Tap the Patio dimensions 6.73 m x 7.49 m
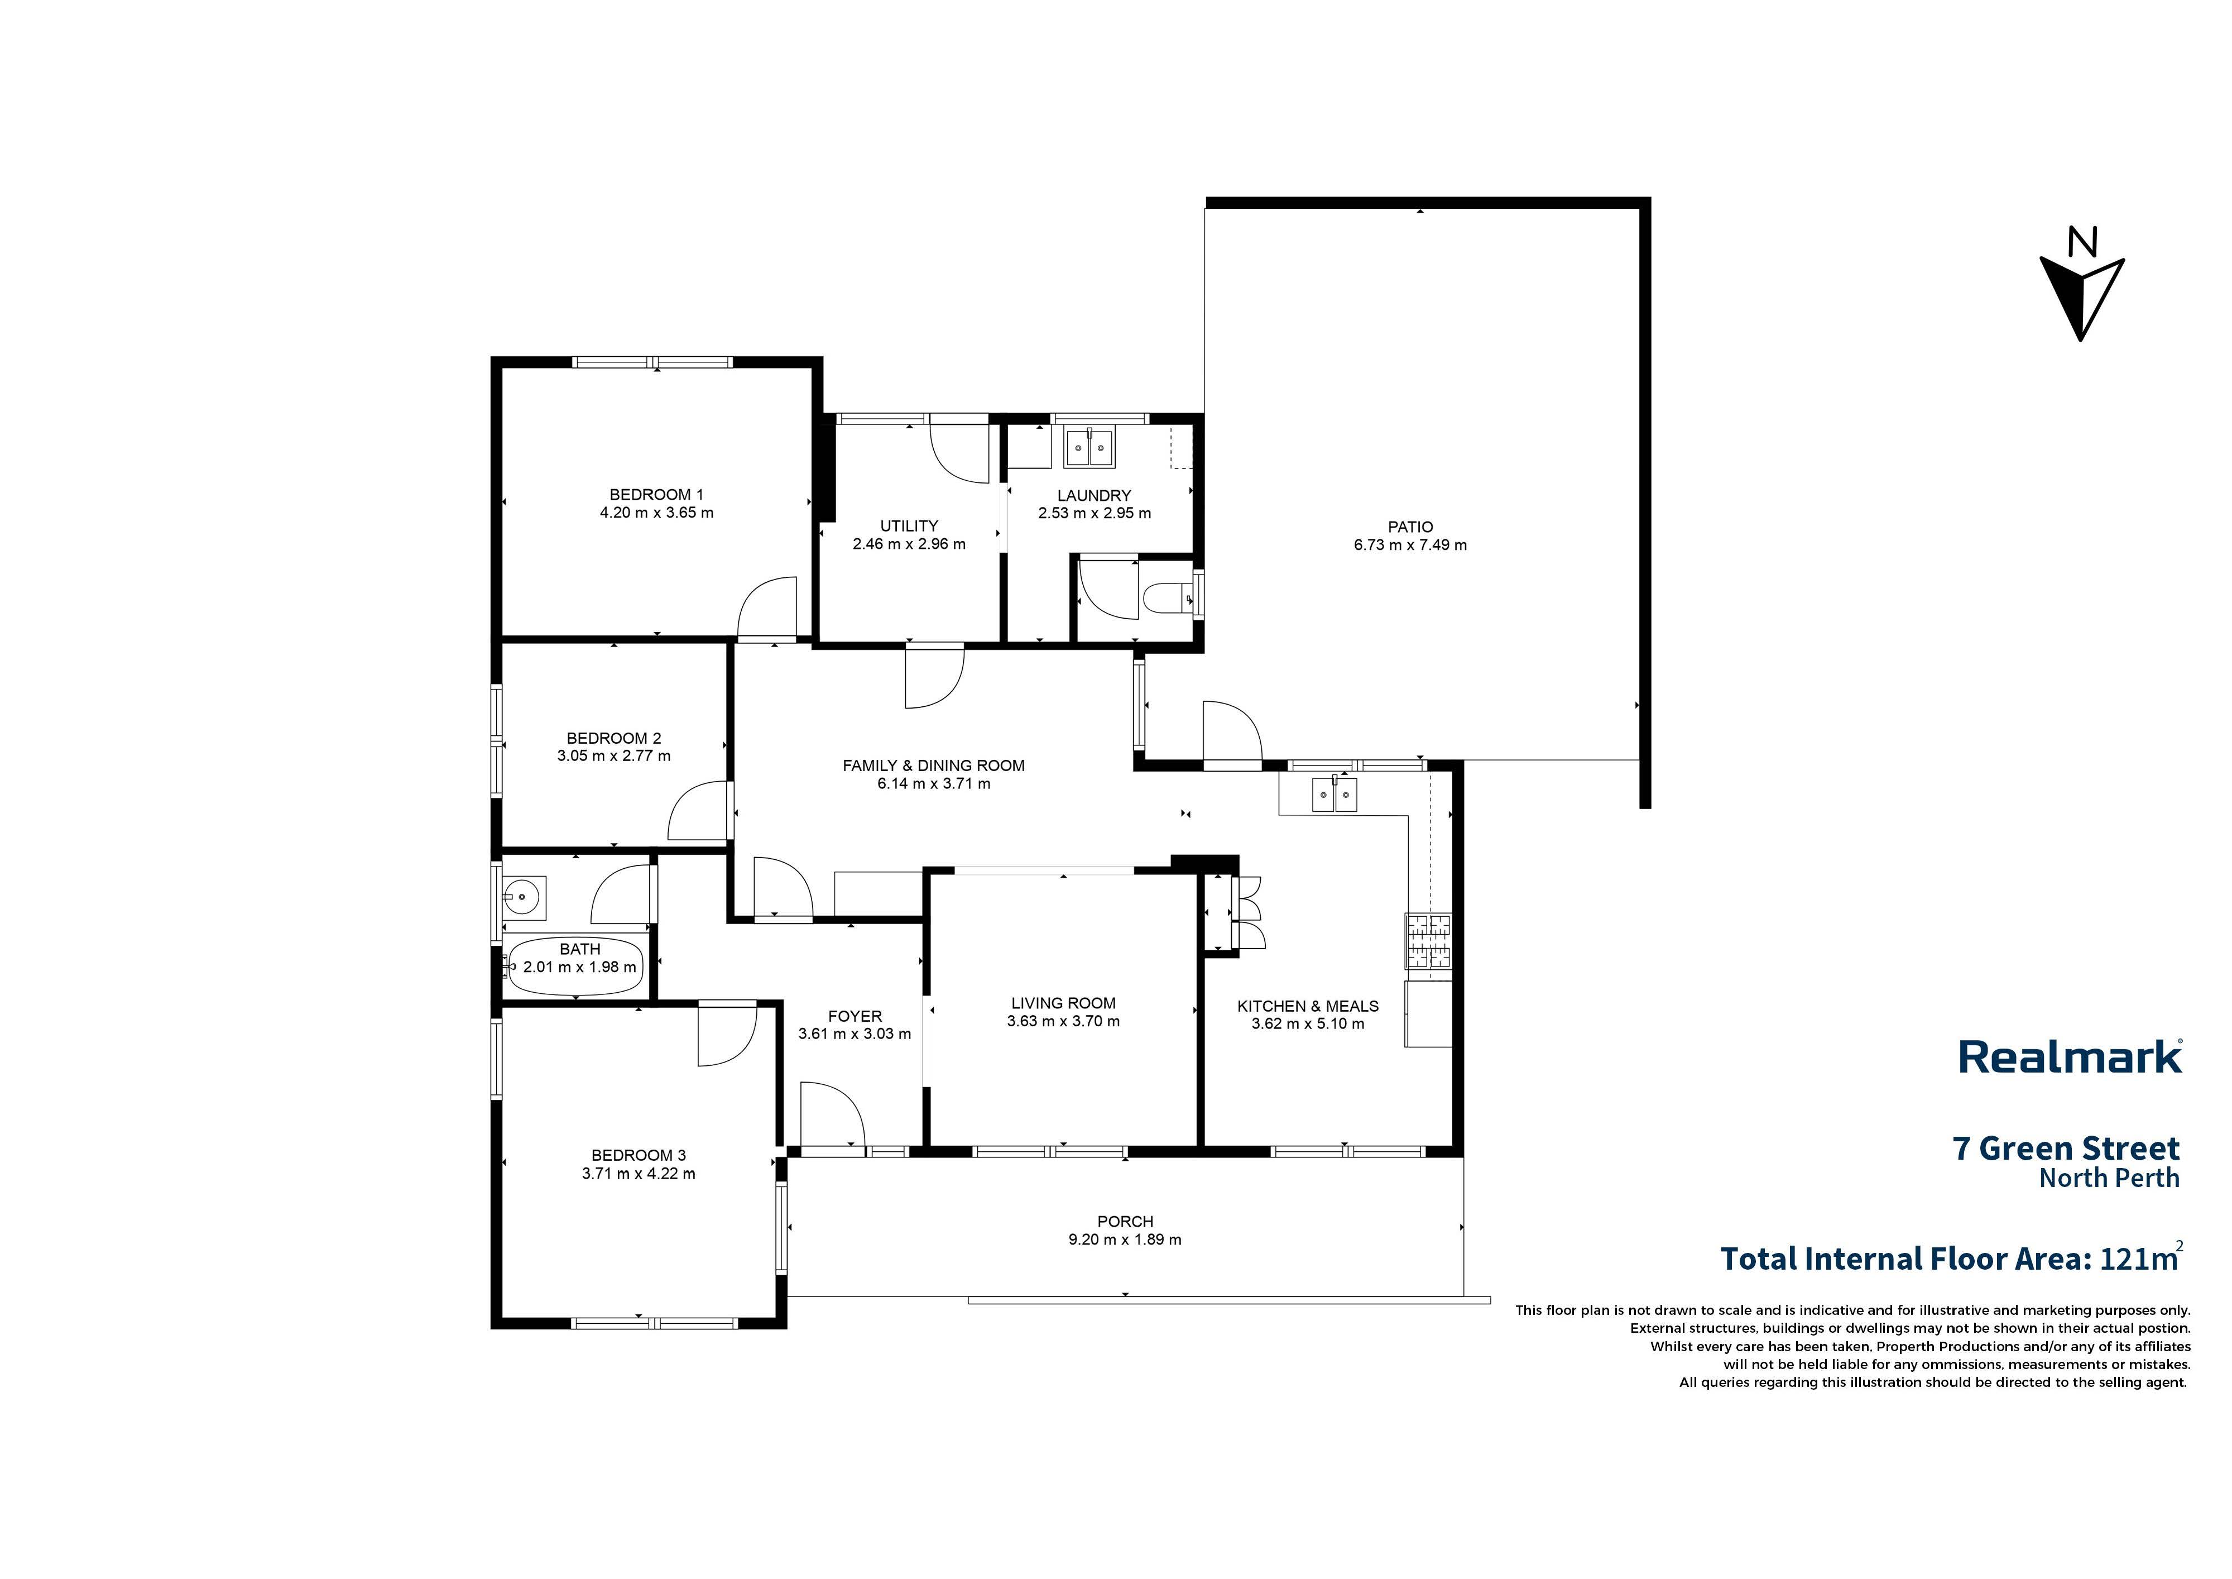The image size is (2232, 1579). pos(1410,546)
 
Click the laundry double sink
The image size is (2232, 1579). pos(1089,448)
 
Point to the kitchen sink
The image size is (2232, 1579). pos(1334,795)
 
